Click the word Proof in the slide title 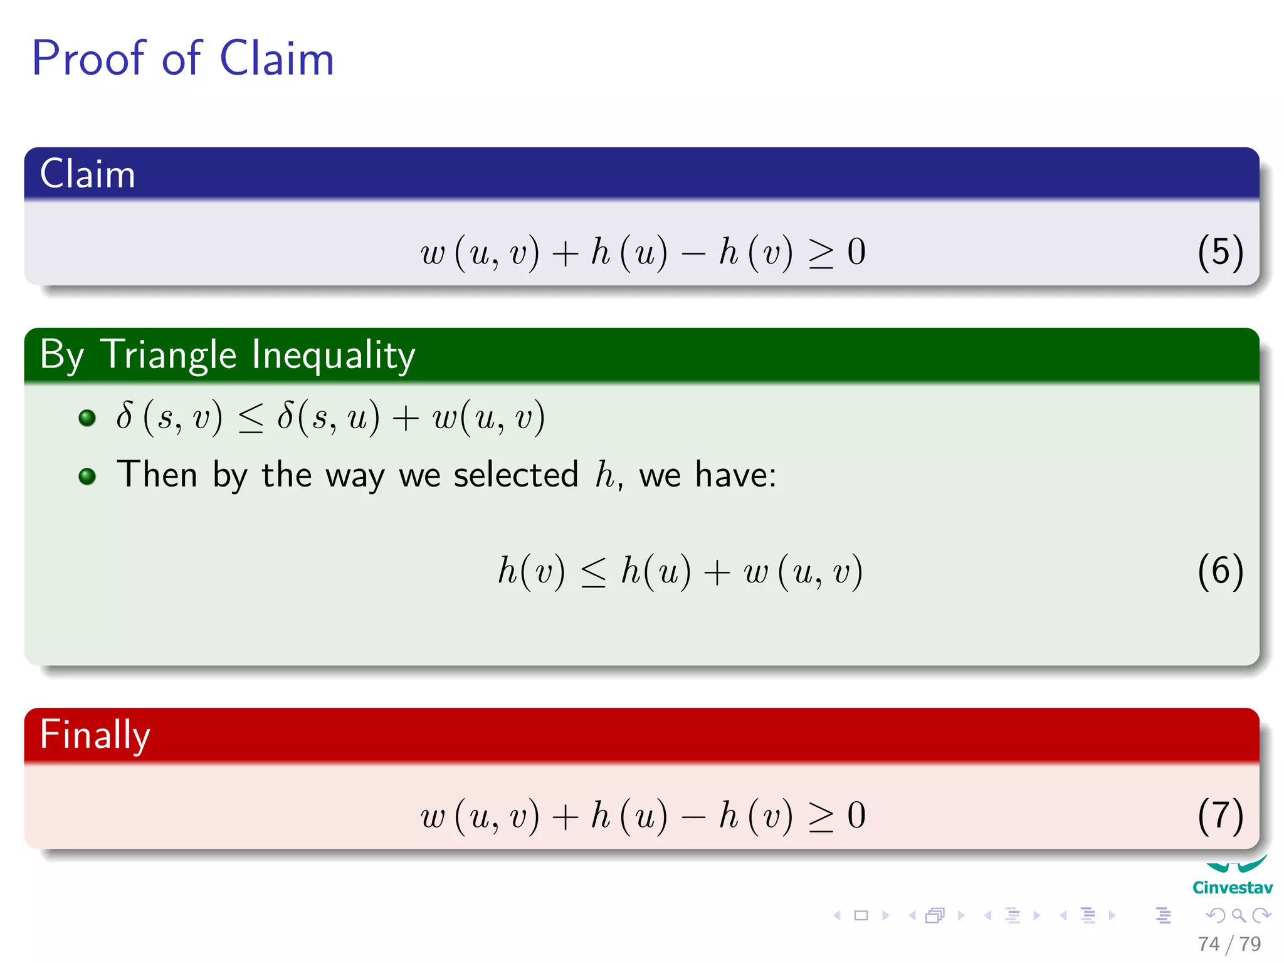88,58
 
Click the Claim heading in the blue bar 87,174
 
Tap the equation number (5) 1219,252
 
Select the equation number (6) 1219,571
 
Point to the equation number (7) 1219,816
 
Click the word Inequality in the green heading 333,355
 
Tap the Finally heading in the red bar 95,735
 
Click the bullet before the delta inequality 87,418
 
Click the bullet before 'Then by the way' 87,476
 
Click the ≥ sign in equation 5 821,254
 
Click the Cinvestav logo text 1232,888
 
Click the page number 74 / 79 1229,944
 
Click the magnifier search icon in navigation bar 1238,915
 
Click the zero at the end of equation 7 856,816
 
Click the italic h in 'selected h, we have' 605,475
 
